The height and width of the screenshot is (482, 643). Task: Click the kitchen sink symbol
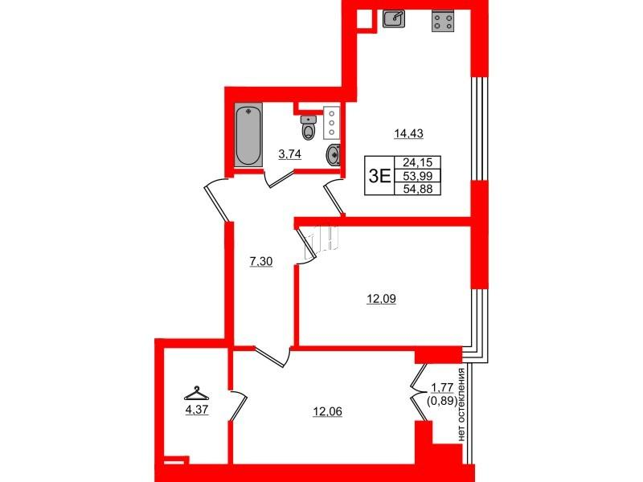click(394, 18)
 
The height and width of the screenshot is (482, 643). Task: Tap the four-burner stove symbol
click(443, 22)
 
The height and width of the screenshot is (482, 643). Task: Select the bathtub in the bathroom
click(248, 135)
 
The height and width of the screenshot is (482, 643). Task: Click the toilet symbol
click(309, 127)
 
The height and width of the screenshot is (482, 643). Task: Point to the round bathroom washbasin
click(334, 155)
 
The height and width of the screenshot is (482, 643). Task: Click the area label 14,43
click(408, 133)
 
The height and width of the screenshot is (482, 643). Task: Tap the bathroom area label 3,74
click(290, 154)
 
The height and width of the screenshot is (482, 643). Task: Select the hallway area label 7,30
click(261, 261)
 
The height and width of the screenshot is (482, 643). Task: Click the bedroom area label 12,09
click(381, 299)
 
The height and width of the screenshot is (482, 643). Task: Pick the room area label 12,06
click(327, 411)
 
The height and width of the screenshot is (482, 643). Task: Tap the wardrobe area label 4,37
click(197, 410)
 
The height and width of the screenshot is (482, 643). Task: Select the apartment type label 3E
click(379, 176)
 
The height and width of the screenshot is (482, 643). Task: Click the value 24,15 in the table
click(417, 162)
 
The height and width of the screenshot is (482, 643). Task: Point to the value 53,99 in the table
click(417, 176)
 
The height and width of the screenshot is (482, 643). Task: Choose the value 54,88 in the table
click(417, 189)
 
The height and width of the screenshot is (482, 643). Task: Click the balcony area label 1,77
click(442, 388)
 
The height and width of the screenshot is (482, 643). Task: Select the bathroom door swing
click(278, 179)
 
